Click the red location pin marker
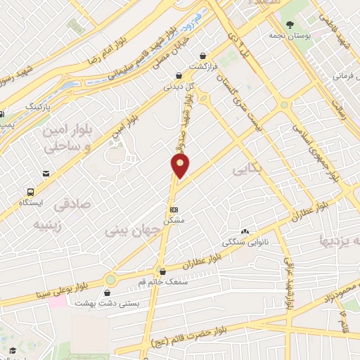pyautogui.click(x=181, y=166)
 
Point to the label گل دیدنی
pyautogui.click(x=178, y=86)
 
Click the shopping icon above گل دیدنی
pyautogui.click(x=179, y=75)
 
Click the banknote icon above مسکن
pyautogui.click(x=174, y=210)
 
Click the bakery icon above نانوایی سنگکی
pyautogui.click(x=245, y=231)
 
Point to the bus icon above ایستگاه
pyautogui.click(x=30, y=191)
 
